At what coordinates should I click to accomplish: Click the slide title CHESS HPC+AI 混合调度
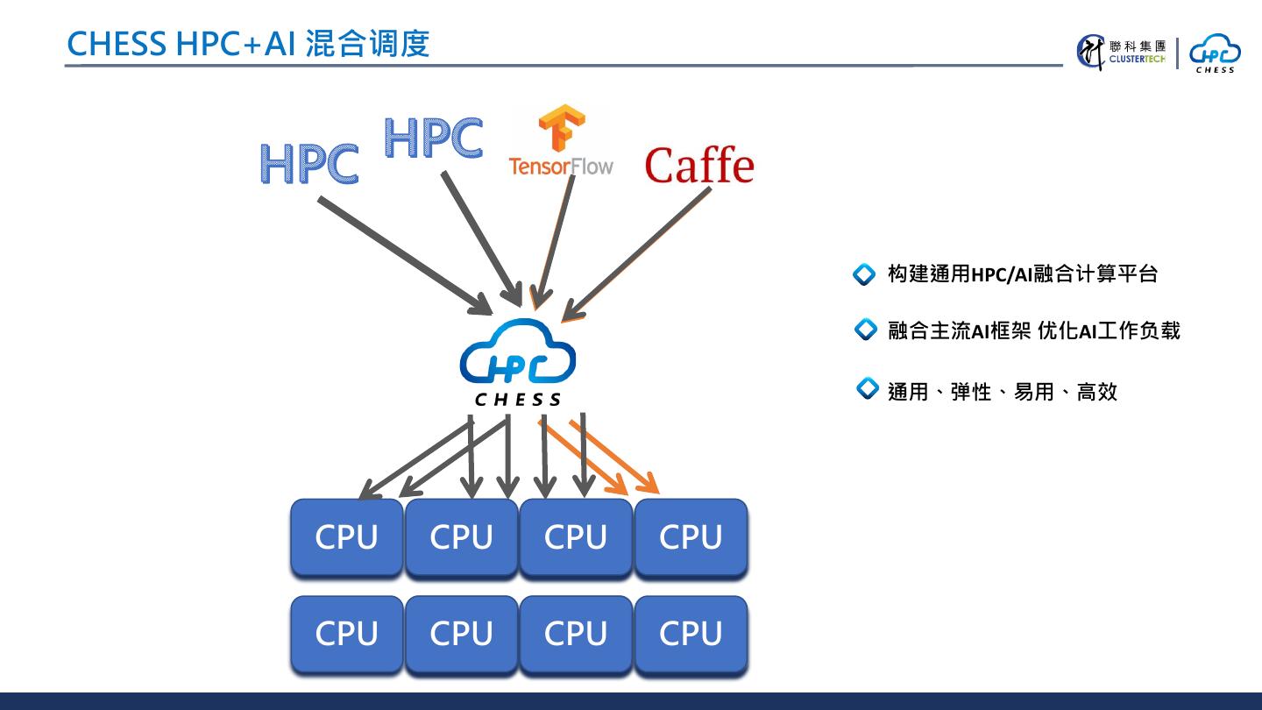coord(248,43)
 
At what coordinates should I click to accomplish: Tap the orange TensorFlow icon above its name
coord(561,128)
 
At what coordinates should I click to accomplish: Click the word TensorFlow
coord(561,165)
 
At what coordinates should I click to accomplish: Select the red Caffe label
coord(698,165)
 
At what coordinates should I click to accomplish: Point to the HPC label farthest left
coord(308,163)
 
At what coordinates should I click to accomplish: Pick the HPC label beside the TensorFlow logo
coord(433,138)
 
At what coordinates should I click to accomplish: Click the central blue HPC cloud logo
coord(518,355)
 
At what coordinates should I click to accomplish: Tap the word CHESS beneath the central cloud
coord(518,400)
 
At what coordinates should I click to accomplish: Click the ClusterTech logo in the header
coord(1122,52)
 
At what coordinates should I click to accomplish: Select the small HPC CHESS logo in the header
coord(1215,53)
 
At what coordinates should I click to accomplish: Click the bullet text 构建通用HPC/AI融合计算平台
coord(1022,274)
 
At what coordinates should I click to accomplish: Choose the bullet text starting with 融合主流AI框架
coord(1033,330)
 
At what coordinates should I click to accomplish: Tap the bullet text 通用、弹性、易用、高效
coord(1002,391)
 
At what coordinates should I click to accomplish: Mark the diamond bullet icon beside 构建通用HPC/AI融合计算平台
coord(864,275)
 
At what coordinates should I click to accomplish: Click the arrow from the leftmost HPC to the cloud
coord(403,254)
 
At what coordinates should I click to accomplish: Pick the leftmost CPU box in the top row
coord(346,536)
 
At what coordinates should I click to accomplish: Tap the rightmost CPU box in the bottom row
coord(691,634)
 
